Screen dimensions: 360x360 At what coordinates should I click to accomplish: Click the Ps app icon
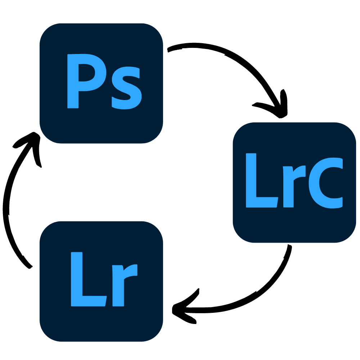point(101,83)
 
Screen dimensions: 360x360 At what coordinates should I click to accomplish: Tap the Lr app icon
point(101,281)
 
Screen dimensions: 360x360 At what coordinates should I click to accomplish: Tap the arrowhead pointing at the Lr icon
point(180,309)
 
